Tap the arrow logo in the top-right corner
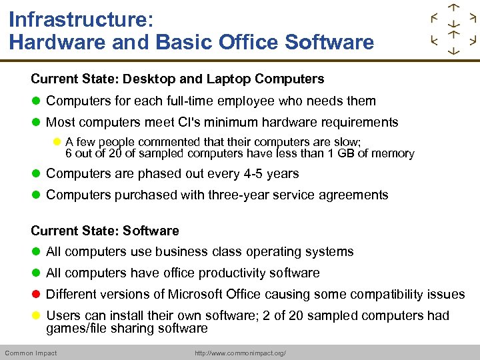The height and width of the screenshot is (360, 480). click(453, 29)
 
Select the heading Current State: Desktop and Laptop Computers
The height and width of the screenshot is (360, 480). click(177, 79)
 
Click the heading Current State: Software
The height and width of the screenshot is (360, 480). click(105, 231)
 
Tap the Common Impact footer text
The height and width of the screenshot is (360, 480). click(31, 353)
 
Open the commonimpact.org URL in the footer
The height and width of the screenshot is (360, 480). click(240, 353)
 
